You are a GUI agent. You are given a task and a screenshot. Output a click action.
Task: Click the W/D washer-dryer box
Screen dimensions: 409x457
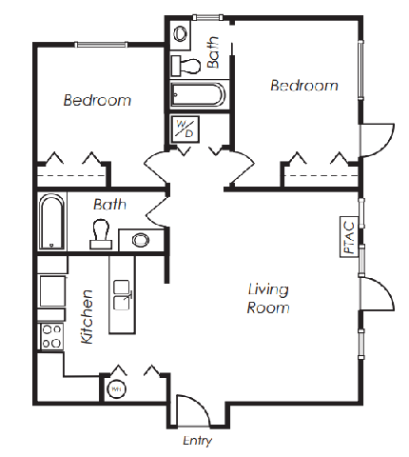point(185,129)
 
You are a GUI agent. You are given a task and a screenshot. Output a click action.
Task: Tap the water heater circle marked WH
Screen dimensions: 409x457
point(116,389)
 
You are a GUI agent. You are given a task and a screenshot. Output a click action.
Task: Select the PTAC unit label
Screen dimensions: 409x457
point(349,237)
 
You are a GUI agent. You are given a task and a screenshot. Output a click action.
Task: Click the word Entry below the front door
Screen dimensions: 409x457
point(197,441)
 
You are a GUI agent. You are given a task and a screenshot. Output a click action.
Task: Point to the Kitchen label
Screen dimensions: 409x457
point(87,316)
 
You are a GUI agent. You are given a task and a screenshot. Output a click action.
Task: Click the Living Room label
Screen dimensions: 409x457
point(268,299)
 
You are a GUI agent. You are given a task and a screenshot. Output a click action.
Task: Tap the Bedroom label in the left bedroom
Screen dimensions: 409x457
point(97,100)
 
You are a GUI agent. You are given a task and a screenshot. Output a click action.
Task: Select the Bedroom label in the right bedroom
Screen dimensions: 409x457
point(304,86)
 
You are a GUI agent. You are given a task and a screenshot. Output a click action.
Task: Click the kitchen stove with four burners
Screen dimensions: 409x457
point(51,336)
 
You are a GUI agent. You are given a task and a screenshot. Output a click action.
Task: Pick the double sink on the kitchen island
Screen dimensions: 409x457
point(122,295)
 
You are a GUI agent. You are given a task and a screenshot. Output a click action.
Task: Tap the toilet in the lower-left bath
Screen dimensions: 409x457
point(101,234)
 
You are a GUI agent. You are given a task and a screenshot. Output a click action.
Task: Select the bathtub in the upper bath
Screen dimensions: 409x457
point(198,94)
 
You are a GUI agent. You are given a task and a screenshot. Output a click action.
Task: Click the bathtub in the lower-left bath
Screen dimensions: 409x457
point(52,222)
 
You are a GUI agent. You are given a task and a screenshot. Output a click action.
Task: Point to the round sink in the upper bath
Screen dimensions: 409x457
point(181,33)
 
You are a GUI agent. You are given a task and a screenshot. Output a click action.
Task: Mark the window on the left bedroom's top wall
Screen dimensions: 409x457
point(101,45)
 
